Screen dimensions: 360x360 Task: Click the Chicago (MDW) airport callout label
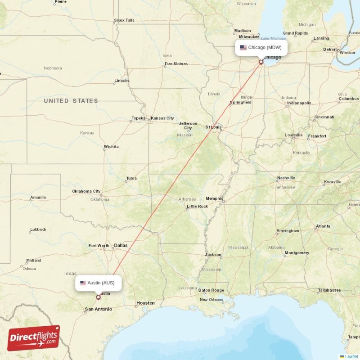(x=261, y=48)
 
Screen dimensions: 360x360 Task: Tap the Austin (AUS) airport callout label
(x=98, y=283)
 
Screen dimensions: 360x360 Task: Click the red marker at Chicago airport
(x=261, y=62)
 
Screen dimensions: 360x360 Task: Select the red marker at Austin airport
(x=99, y=297)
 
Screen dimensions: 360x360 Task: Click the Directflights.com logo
(x=34, y=338)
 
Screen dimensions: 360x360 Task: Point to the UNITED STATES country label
(x=71, y=101)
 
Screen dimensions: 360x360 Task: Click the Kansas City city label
(x=162, y=118)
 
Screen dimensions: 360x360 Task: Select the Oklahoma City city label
(x=86, y=191)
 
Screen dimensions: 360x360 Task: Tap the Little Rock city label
(x=197, y=207)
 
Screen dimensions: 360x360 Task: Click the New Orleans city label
(x=211, y=300)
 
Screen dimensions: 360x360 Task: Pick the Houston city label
(x=145, y=303)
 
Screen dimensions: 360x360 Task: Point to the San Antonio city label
(x=98, y=309)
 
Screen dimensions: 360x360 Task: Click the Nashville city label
(x=286, y=178)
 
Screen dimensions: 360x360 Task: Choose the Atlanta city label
(x=323, y=226)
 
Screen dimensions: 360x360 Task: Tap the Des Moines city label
(x=176, y=64)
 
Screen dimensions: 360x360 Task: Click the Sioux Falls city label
(x=124, y=20)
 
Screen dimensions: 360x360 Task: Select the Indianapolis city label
(x=299, y=103)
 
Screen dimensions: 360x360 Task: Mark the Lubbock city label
(x=38, y=229)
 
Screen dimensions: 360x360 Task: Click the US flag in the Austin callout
(x=83, y=283)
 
